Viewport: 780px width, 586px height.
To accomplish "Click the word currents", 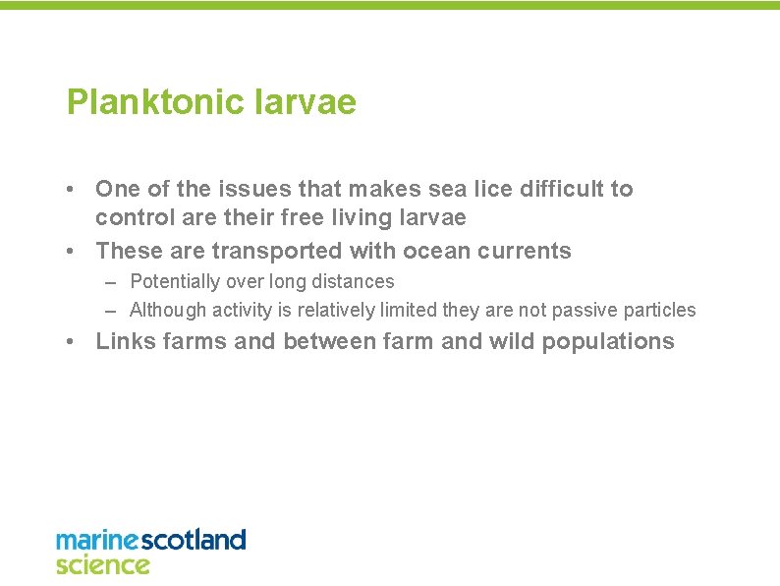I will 525,251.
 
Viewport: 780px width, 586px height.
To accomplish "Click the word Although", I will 168,310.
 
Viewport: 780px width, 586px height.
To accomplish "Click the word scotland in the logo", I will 195,540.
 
